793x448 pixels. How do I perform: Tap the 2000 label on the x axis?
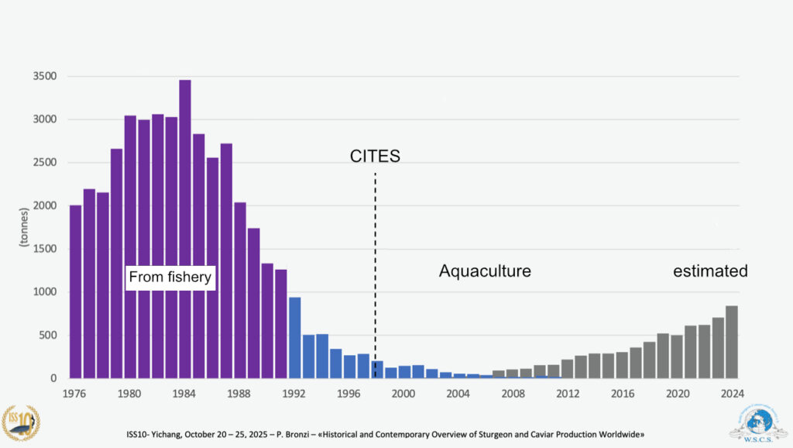point(403,394)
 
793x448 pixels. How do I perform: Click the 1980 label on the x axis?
point(130,394)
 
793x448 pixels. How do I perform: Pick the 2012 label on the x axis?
point(568,394)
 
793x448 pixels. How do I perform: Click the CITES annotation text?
point(375,157)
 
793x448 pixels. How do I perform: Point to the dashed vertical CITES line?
point(376,233)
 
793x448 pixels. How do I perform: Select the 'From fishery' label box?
point(170,277)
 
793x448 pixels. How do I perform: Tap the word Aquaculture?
point(485,271)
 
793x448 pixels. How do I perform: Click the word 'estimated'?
point(710,271)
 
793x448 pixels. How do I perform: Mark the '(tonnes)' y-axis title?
point(23,227)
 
